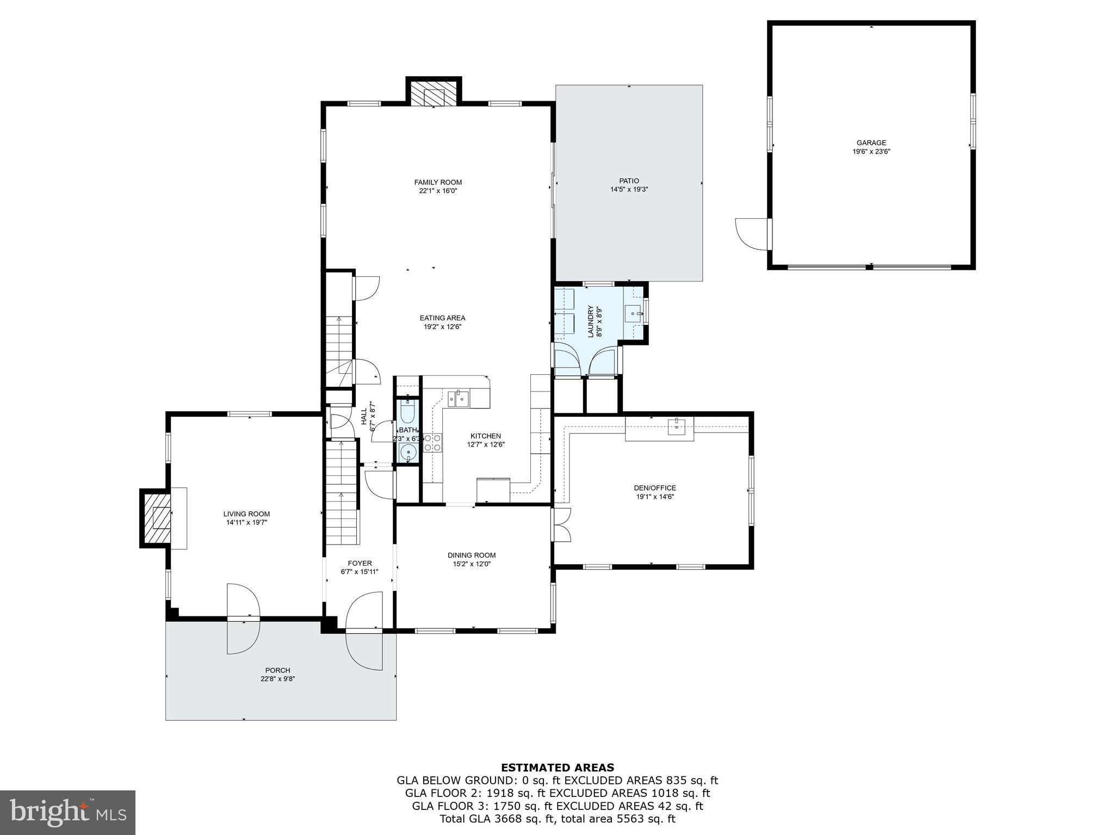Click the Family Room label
(x=438, y=182)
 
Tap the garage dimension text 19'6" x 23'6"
(x=871, y=152)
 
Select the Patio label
(x=629, y=181)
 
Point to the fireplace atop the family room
(x=434, y=96)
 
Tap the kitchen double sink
(x=459, y=398)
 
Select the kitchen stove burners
(x=433, y=442)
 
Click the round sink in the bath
(x=407, y=451)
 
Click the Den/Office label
(x=655, y=488)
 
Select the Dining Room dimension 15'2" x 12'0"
(x=472, y=564)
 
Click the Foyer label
(x=360, y=563)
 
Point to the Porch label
(x=277, y=670)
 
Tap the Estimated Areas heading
(x=557, y=768)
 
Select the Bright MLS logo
(x=67, y=812)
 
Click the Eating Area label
(x=442, y=318)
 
